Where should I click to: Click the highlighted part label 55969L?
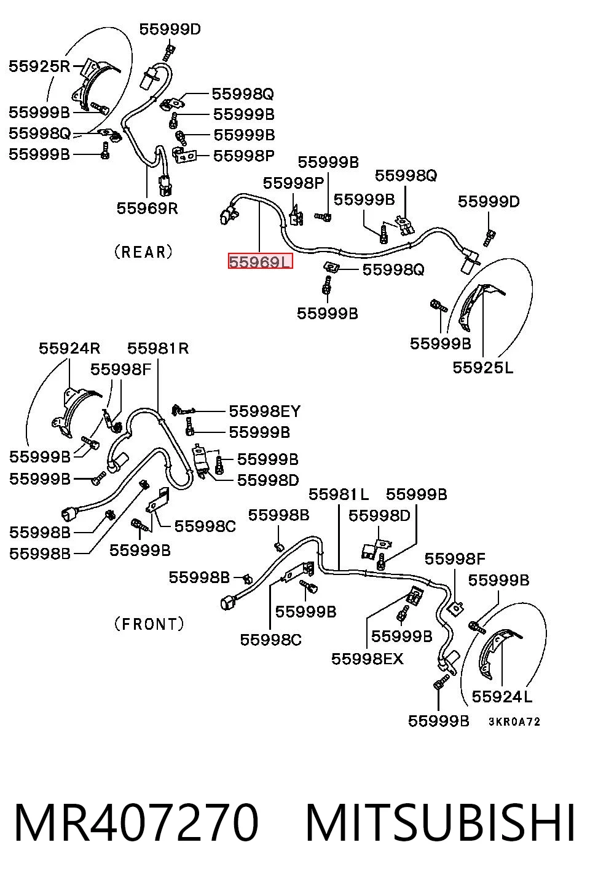click(x=260, y=261)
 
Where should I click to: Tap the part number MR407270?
click(x=136, y=822)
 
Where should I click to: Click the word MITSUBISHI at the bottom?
click(x=440, y=822)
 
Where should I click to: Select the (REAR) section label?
click(x=144, y=252)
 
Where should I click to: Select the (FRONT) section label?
click(x=149, y=624)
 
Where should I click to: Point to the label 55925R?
click(x=39, y=66)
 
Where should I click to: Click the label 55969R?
click(x=147, y=208)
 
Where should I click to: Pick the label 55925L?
click(x=483, y=368)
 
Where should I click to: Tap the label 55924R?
click(x=69, y=349)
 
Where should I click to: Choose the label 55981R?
click(x=158, y=349)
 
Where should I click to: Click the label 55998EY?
click(x=264, y=411)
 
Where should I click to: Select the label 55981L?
click(x=339, y=494)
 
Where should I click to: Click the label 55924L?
click(x=502, y=696)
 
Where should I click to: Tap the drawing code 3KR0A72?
click(x=514, y=721)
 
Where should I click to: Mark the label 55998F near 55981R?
click(x=120, y=370)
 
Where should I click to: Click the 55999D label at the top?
click(x=170, y=29)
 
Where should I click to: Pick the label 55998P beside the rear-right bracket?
click(x=244, y=156)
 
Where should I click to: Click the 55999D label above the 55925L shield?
click(x=489, y=201)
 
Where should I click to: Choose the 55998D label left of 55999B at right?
click(x=379, y=515)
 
